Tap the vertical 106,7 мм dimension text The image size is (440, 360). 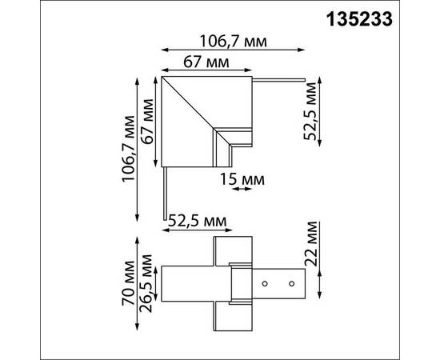point(128,149)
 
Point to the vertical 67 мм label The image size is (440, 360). point(146,120)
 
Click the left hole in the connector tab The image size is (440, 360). point(270,283)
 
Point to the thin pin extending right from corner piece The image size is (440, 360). point(280,79)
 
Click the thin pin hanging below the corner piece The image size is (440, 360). point(166,192)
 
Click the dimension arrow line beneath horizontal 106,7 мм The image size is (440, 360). point(233,53)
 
